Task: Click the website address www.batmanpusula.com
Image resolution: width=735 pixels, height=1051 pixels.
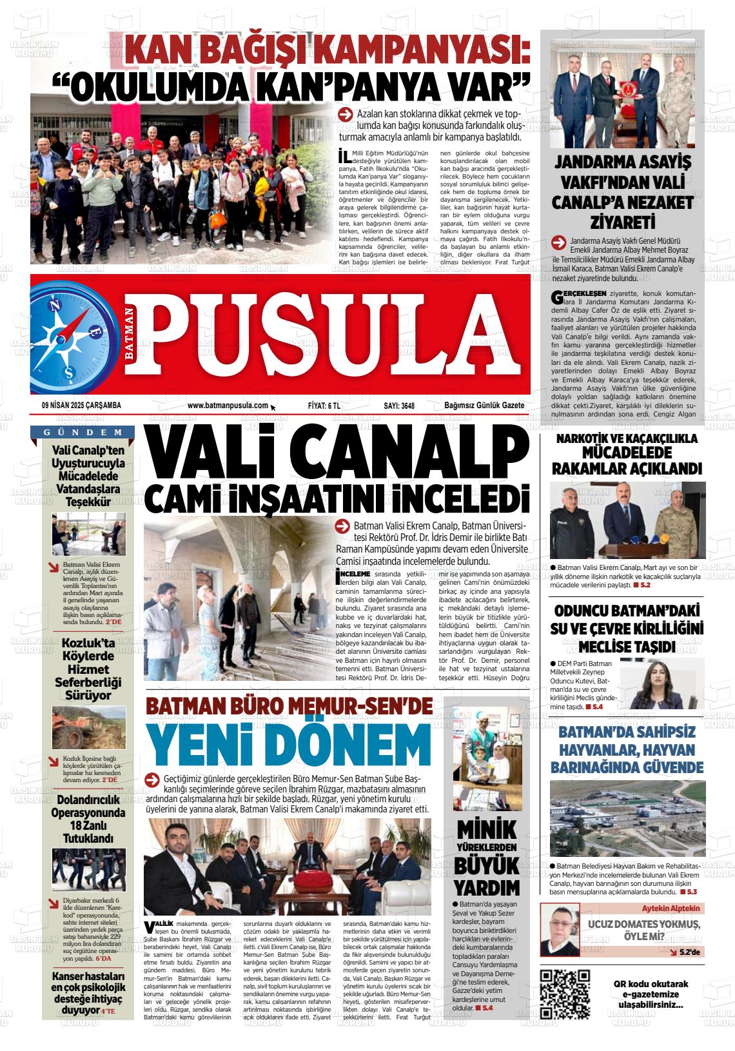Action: (x=227, y=406)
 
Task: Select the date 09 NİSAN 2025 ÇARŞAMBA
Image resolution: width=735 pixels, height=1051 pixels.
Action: (x=81, y=406)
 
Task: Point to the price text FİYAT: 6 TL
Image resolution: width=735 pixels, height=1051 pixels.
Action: (x=324, y=406)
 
